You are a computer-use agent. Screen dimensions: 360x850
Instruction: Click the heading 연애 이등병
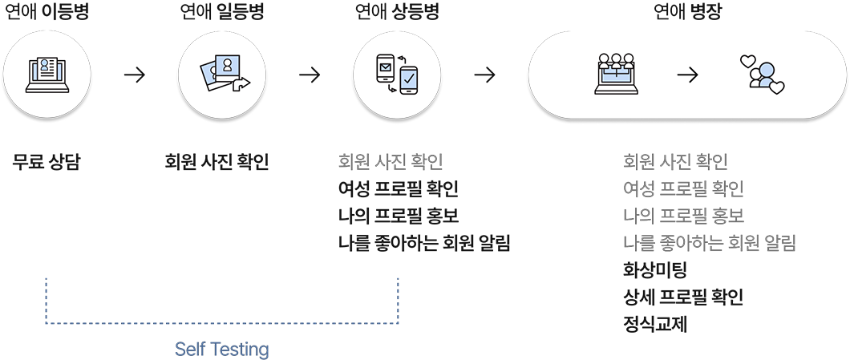click(47, 12)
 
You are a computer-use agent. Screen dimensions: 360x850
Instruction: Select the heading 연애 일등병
click(221, 12)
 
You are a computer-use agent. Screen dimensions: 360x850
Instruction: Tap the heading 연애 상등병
click(398, 12)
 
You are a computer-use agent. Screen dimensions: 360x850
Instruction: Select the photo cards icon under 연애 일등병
click(222, 75)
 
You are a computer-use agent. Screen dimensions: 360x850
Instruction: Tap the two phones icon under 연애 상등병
click(397, 75)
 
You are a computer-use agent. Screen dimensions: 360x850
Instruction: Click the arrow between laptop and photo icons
click(135, 75)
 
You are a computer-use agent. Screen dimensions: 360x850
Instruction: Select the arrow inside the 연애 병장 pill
click(688, 75)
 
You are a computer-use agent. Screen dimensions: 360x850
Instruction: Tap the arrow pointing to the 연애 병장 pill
click(484, 75)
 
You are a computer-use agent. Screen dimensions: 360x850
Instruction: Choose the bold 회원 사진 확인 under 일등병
click(217, 162)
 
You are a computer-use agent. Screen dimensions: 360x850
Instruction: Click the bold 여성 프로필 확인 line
click(398, 189)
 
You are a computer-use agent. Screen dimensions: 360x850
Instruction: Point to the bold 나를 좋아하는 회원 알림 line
click(424, 243)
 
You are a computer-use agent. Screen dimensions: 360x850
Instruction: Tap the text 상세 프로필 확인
click(682, 297)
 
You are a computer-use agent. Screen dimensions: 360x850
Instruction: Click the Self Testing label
click(221, 350)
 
